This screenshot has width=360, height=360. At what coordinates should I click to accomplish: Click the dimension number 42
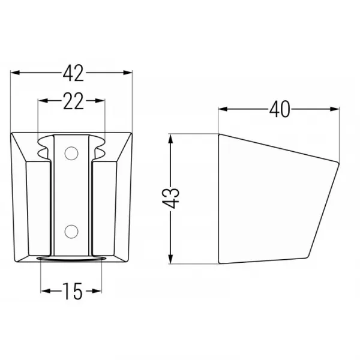[73, 73]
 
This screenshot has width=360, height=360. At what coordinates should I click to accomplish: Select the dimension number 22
[73, 101]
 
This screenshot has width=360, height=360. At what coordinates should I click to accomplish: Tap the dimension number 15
[73, 291]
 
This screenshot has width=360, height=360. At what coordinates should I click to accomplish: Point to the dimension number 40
[280, 109]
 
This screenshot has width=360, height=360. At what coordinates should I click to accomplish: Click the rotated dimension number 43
[170, 198]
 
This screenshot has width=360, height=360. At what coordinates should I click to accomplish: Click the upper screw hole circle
[71, 153]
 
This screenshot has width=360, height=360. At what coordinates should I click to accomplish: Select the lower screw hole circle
[71, 232]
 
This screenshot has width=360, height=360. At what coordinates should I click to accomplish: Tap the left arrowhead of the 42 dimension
[15, 73]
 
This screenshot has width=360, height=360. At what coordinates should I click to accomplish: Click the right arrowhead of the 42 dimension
[128, 73]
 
